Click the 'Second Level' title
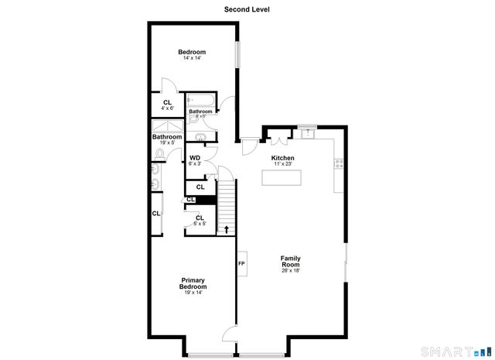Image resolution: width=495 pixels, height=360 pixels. click(x=247, y=10)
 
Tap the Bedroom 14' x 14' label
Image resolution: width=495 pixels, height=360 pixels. click(x=192, y=52)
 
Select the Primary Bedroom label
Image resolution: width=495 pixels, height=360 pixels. click(x=193, y=283)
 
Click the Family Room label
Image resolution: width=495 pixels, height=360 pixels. click(x=290, y=261)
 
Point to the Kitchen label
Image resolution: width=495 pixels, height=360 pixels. click(x=282, y=158)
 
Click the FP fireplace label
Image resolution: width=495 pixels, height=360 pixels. click(x=241, y=264)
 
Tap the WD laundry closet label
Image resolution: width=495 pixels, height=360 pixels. click(x=195, y=158)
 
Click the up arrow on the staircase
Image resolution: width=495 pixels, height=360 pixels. click(x=226, y=228)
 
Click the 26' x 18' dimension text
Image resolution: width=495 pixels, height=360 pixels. click(x=290, y=270)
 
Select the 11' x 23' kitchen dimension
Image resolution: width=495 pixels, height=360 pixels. click(x=282, y=163)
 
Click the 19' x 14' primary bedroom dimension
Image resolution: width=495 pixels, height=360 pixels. click(x=193, y=293)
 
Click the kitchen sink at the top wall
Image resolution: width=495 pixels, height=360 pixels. click(x=308, y=132)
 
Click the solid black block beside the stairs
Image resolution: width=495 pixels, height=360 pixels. click(x=206, y=201)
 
